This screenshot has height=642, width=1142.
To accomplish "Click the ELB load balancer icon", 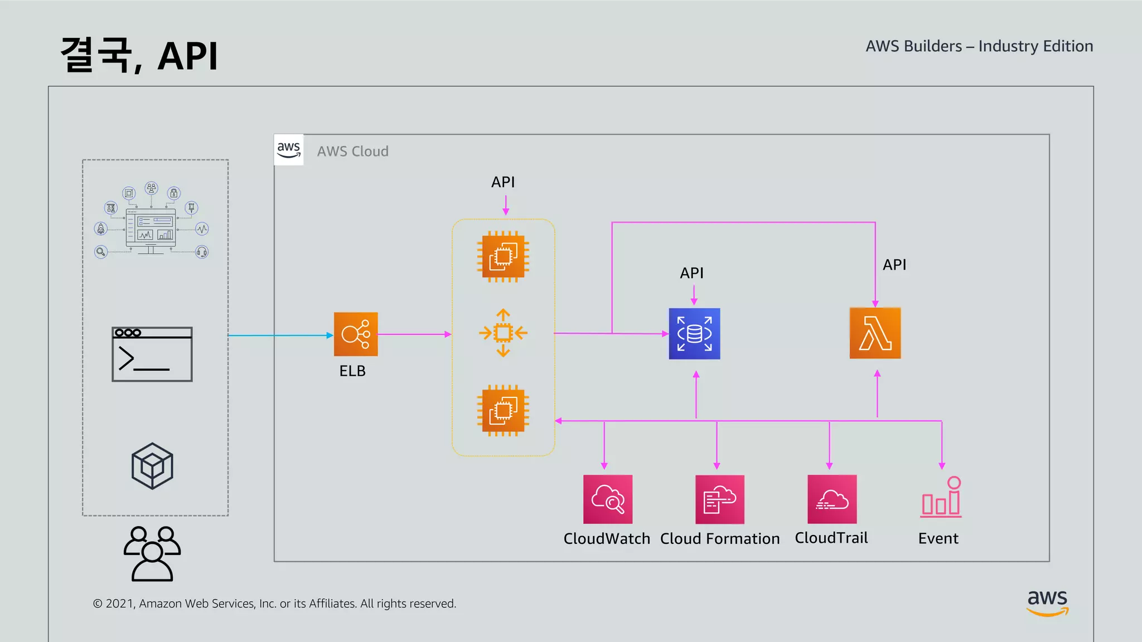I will (x=356, y=334).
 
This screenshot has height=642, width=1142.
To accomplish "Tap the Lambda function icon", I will (x=875, y=333).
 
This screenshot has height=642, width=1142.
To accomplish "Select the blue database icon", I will (x=694, y=334).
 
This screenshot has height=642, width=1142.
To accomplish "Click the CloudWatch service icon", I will (x=608, y=499).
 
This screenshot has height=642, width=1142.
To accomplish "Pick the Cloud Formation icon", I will (x=719, y=499).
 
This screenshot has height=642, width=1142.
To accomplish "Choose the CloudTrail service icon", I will (x=832, y=499).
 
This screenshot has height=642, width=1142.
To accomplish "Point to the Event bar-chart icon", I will (x=941, y=498).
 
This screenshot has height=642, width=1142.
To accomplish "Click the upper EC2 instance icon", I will (x=503, y=256).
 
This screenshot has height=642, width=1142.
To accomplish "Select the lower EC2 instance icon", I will (x=503, y=411).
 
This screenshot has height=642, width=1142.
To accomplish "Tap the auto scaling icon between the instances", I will (x=503, y=333).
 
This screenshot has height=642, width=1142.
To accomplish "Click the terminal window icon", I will (x=152, y=354).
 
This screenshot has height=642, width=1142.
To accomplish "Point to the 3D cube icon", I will (x=152, y=466).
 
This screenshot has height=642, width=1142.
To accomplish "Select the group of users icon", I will (x=152, y=553).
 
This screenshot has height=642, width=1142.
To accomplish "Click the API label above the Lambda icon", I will (x=894, y=265).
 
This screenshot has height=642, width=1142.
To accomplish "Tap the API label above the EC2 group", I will (x=502, y=182).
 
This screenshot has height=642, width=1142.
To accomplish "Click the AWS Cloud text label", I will (x=352, y=152).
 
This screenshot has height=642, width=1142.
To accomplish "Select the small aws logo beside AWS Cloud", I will (x=289, y=149).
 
